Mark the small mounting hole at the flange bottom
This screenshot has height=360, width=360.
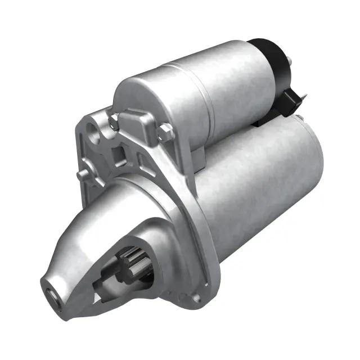click(x=194, y=294)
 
